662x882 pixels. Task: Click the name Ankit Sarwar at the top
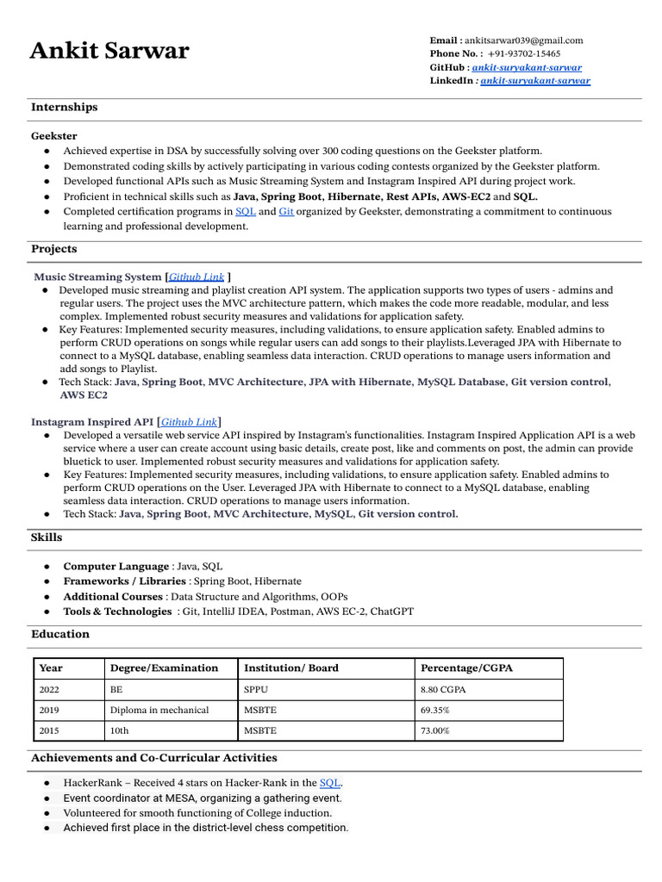(109, 51)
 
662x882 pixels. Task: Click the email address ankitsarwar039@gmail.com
(524, 40)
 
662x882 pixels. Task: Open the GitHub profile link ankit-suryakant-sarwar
(527, 67)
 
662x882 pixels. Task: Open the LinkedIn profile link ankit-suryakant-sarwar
(535, 80)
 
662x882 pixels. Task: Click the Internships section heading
(64, 108)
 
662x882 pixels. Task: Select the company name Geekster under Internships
(53, 136)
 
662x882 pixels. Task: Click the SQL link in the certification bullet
(246, 211)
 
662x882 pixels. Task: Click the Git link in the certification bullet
(286, 211)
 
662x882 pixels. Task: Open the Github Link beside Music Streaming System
(197, 277)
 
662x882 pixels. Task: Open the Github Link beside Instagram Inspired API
(189, 422)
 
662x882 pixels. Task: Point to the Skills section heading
(47, 537)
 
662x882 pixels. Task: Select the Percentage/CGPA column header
(466, 668)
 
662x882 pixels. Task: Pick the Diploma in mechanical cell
(159, 710)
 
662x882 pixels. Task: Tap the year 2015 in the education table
(50, 730)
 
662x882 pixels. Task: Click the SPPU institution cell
(256, 689)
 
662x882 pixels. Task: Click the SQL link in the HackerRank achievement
(329, 783)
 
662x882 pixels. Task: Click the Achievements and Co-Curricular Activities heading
(153, 758)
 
